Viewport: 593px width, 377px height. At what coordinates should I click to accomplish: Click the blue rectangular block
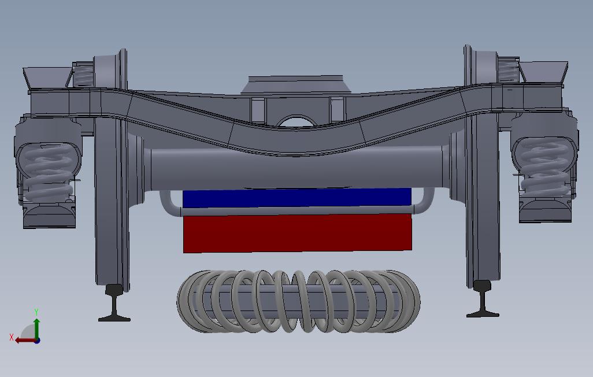(x=297, y=198)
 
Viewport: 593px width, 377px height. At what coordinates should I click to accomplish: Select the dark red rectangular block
(x=298, y=233)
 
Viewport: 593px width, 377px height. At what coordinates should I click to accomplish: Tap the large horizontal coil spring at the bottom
(x=298, y=301)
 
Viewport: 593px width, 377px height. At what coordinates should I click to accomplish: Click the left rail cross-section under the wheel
(x=114, y=303)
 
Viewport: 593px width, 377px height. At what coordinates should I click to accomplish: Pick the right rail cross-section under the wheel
(x=483, y=298)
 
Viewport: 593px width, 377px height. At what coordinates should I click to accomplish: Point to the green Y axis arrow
(x=36, y=328)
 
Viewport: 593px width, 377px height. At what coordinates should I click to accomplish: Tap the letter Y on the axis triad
(x=36, y=312)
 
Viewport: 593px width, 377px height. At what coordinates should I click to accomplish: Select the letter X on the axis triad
(x=12, y=337)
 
